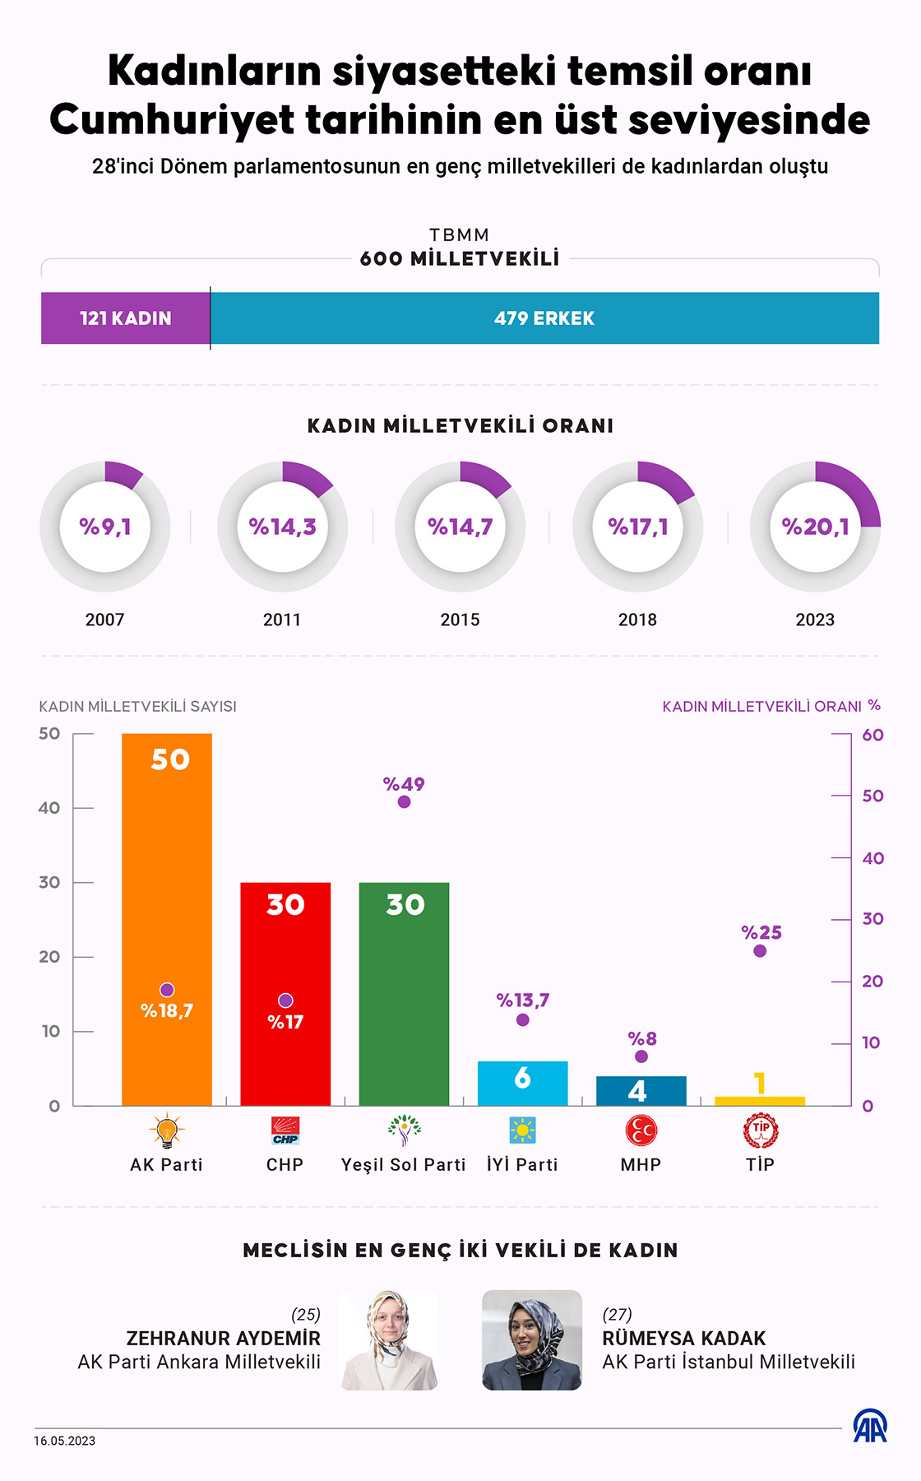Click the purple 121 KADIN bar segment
pyautogui.click(x=125, y=318)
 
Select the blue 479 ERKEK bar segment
pyautogui.click(x=544, y=318)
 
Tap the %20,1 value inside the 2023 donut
pyautogui.click(x=815, y=527)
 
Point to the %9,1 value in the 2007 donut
pyautogui.click(x=105, y=527)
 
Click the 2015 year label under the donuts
pyautogui.click(x=460, y=620)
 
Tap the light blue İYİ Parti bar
pyautogui.click(x=522, y=1084)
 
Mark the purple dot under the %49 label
pyautogui.click(x=404, y=802)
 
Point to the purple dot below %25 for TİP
pyautogui.click(x=760, y=951)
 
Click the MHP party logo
pyautogui.click(x=641, y=1130)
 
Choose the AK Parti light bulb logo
pyautogui.click(x=167, y=1130)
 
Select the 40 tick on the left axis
pyautogui.click(x=49, y=808)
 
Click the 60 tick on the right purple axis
pyautogui.click(x=872, y=735)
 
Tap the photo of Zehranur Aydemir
pyautogui.click(x=389, y=1340)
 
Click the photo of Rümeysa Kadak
pyautogui.click(x=532, y=1340)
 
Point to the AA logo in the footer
pyautogui.click(x=870, y=1426)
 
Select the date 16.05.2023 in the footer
pyautogui.click(x=64, y=1441)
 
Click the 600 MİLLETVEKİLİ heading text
pyautogui.click(x=460, y=258)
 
